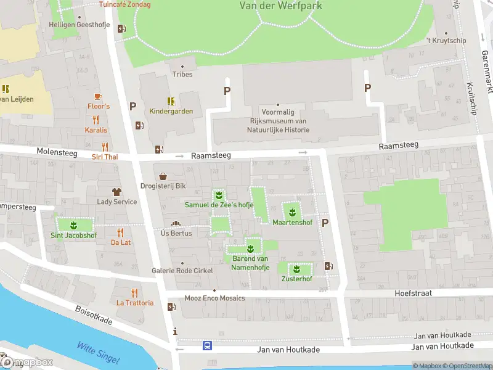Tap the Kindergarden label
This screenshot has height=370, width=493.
tap(171, 112)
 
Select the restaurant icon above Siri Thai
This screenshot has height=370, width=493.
tap(105, 147)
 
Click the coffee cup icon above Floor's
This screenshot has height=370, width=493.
tap(98, 96)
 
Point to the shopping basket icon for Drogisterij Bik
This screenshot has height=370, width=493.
tap(163, 176)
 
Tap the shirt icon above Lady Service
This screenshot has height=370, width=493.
tap(116, 192)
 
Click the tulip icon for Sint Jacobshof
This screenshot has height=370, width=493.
tap(73, 225)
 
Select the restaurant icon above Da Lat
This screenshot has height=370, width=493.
tap(120, 232)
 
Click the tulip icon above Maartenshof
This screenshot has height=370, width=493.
tap(292, 212)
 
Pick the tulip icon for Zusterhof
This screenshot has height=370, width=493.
tap(296, 269)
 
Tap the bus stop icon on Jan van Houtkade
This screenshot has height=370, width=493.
tap(208, 346)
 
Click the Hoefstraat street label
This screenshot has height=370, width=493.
tap(413, 294)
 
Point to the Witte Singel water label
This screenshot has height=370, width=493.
tap(98, 353)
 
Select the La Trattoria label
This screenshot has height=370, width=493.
tap(134, 303)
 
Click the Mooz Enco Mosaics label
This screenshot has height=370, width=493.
tap(214, 298)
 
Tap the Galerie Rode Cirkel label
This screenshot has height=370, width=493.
tap(182, 271)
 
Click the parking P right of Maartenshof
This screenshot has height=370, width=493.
tap(325, 223)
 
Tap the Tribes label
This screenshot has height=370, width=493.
tap(182, 75)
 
